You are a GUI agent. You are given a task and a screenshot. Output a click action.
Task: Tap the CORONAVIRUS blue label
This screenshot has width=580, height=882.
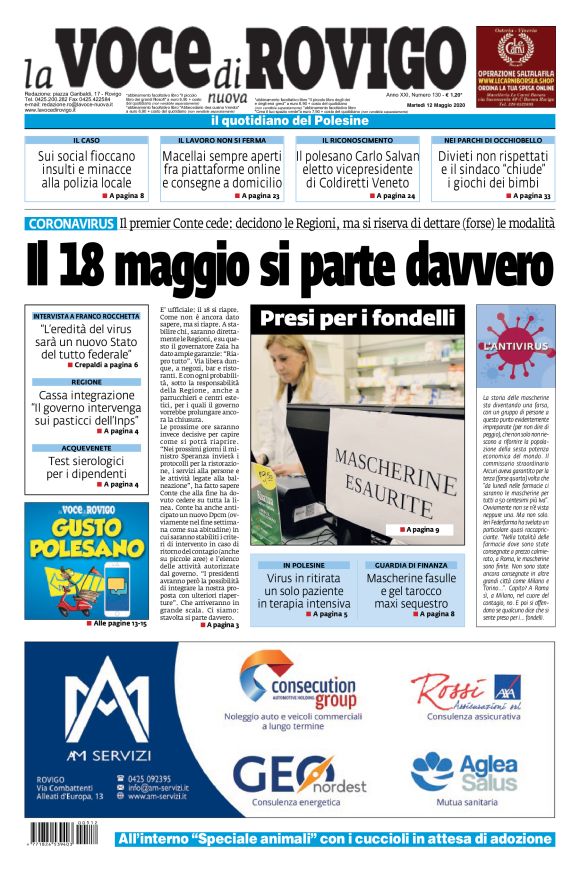70,223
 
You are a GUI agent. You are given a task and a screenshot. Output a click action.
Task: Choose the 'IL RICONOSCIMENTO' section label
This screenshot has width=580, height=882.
357,141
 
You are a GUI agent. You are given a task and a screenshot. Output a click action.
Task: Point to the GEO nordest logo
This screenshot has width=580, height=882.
288,774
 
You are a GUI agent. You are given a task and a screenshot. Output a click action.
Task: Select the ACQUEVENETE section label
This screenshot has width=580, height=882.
86,448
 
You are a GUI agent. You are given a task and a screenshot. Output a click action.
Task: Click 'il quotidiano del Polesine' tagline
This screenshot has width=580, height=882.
290,121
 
